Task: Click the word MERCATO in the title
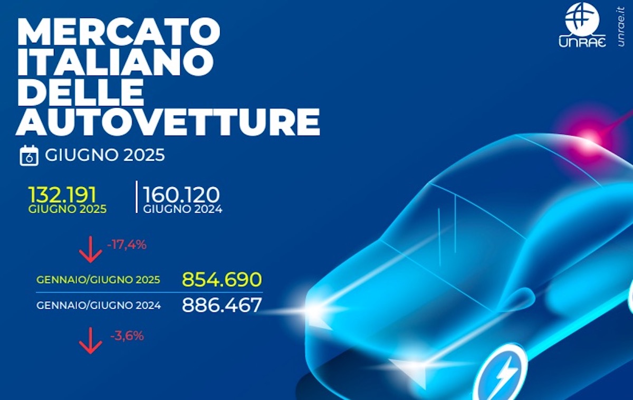(119, 31)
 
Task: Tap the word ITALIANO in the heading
(116, 62)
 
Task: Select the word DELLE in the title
(81, 92)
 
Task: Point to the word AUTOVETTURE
(168, 122)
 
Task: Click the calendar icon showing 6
(29, 156)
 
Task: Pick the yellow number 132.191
(62, 195)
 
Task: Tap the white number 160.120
(181, 195)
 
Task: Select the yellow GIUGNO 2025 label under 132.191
(68, 209)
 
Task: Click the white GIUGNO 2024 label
(183, 209)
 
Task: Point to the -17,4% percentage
(127, 245)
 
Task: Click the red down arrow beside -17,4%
(90, 250)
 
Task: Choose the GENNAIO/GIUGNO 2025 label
(98, 280)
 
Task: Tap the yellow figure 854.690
(222, 280)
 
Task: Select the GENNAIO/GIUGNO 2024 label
(99, 306)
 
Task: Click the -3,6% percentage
(127, 336)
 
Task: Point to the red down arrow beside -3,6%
(90, 341)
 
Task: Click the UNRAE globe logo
(582, 25)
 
